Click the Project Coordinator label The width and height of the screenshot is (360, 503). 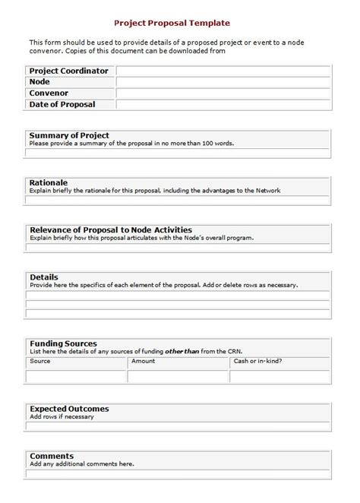pos(68,71)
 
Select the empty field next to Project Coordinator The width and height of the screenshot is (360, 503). pos(223,71)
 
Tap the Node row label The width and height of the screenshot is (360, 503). pos(39,81)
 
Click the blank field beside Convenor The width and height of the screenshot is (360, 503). pos(223,93)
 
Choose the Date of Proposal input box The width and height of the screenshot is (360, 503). pos(223,104)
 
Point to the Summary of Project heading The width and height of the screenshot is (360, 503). pos(64,134)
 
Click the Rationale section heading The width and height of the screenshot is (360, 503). pos(48,182)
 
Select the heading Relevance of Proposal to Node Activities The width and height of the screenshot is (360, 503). pos(110,229)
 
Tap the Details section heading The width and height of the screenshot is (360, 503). pos(43,277)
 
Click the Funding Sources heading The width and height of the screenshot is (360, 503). pos(62,343)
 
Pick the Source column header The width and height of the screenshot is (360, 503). pos(40,361)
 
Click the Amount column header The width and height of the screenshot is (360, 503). pos(144,361)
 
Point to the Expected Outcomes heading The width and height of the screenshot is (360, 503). pos(68,409)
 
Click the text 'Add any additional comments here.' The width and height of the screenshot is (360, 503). pos(81,463)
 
